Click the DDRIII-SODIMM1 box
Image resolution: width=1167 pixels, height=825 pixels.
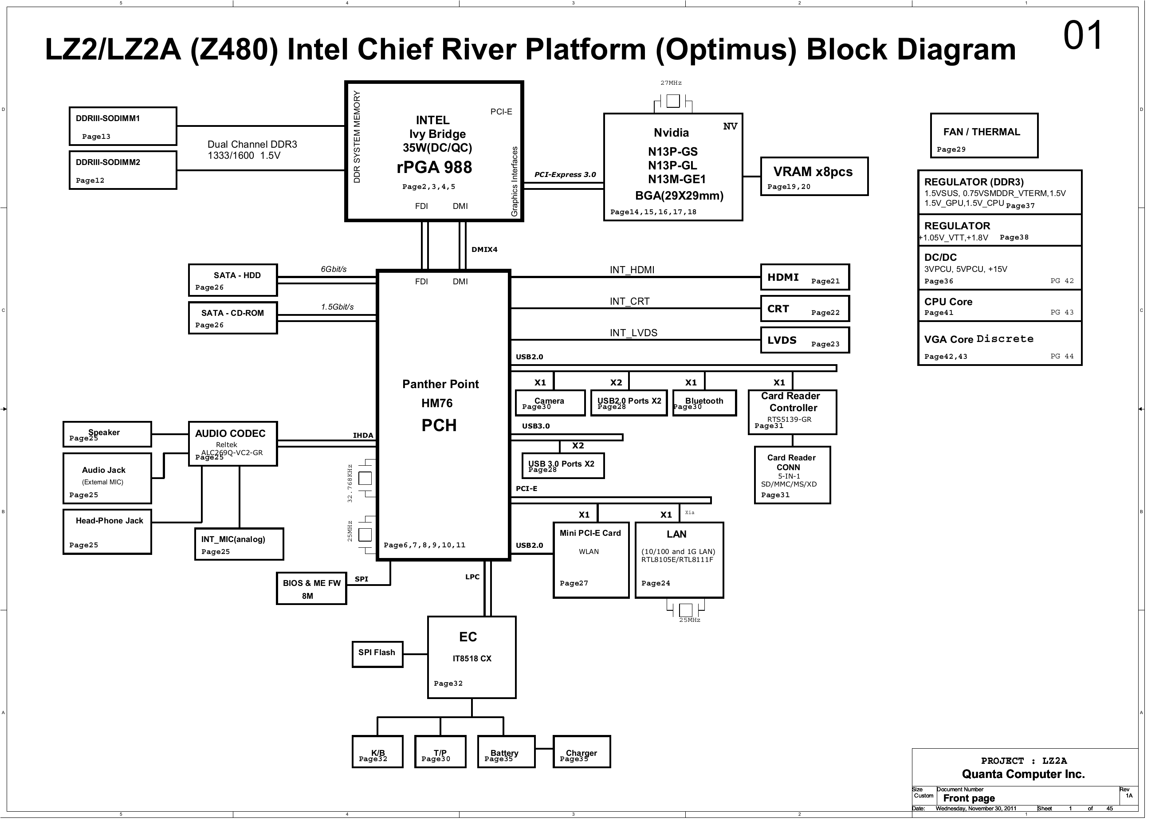click(x=122, y=126)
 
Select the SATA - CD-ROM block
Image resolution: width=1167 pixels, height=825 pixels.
click(x=233, y=318)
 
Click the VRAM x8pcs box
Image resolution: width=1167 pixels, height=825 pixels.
click(x=814, y=177)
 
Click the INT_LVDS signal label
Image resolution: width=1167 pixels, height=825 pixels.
click(x=633, y=333)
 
